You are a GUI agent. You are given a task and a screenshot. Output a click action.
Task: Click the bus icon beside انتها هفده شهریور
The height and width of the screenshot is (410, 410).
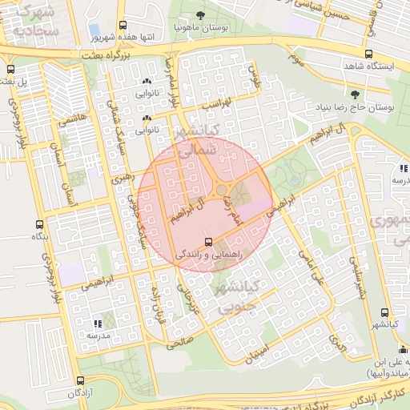(123, 26)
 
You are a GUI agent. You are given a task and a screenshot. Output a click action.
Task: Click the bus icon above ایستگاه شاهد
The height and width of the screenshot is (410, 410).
(368, 55)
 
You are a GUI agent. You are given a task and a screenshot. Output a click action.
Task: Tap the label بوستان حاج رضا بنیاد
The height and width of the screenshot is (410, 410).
(353, 106)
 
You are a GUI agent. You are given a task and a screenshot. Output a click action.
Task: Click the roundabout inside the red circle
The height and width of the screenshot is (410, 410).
(220, 190)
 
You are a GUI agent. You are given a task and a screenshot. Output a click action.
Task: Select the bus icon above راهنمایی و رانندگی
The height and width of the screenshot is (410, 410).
(209, 241)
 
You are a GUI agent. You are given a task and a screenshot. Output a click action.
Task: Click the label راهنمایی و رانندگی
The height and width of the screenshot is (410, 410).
(209, 253)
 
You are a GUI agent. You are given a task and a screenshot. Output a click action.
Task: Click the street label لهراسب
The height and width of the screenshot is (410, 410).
(217, 103)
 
